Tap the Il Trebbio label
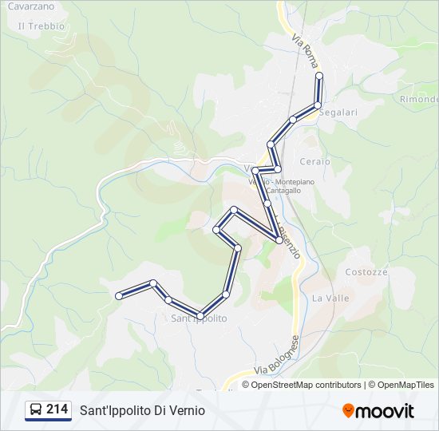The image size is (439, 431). point(41,26)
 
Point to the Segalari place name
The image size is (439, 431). point(338,113)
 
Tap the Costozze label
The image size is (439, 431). point(366,271)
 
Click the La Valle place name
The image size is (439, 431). point(330,298)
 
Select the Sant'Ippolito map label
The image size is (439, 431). point(199,318)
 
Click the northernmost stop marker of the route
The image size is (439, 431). point(319,76)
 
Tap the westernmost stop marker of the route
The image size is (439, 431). point(119,296)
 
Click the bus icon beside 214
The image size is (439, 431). point(36,409)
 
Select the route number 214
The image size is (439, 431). point(57,409)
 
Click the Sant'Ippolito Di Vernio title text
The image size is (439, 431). point(142,410)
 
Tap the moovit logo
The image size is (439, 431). point(378,411)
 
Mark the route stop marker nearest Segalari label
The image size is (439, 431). point(318,105)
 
